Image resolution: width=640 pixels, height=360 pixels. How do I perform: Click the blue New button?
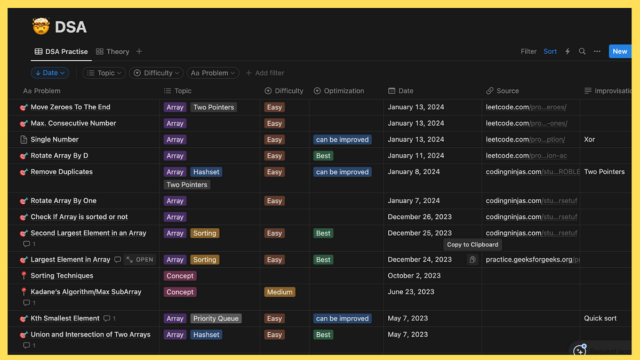(x=620, y=51)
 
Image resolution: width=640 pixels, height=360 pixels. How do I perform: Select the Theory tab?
(x=113, y=52)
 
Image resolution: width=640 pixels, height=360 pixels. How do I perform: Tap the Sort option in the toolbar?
(x=550, y=52)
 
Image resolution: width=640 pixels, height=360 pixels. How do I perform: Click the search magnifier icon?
(x=582, y=52)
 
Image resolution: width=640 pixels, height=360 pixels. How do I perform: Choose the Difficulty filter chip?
(x=156, y=73)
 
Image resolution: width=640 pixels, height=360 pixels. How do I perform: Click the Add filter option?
(x=265, y=73)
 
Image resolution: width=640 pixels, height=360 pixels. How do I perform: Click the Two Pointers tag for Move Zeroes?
(x=213, y=107)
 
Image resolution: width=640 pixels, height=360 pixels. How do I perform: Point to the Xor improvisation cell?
(x=589, y=140)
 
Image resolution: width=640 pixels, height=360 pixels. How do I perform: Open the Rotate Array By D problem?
(x=59, y=156)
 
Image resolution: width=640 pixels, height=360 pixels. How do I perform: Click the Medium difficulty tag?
(x=279, y=292)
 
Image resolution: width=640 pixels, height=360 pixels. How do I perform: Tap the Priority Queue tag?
(x=215, y=318)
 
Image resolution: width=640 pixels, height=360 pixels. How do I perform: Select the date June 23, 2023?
(x=411, y=292)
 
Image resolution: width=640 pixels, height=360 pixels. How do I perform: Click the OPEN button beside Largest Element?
(x=139, y=260)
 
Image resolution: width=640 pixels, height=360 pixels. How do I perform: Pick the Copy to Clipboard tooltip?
(x=473, y=245)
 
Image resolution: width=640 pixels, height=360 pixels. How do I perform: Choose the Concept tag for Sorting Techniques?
(x=180, y=276)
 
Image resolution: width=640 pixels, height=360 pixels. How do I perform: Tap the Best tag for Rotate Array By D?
(x=323, y=156)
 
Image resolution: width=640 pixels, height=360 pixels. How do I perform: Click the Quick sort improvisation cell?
(x=600, y=318)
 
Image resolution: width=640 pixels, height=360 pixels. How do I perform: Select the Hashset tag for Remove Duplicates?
(x=206, y=172)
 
